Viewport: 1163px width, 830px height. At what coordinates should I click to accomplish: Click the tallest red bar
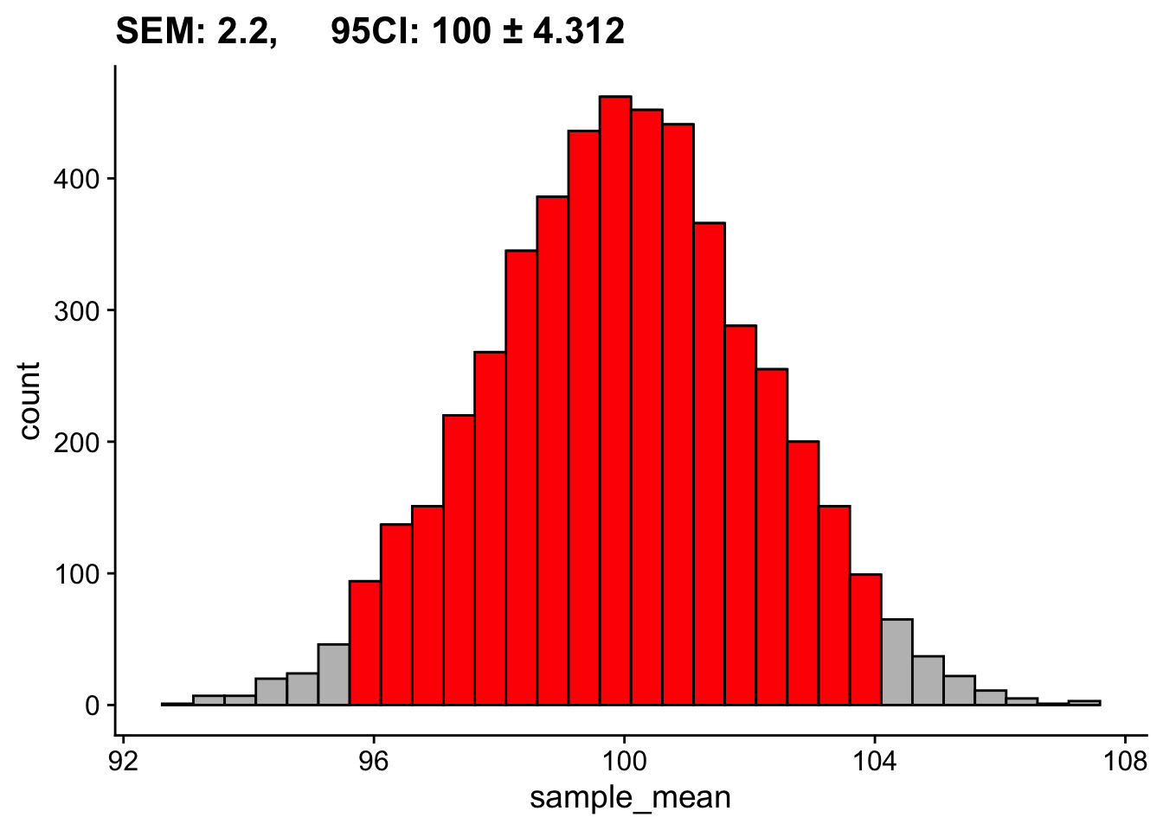tap(615, 398)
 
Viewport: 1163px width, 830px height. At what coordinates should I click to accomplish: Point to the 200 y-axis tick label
tap(77, 443)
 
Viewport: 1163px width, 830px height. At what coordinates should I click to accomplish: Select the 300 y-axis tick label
tap(77, 311)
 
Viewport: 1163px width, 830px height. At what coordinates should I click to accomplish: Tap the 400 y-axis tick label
tap(77, 179)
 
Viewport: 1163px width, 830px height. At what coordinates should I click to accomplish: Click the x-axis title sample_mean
tap(630, 796)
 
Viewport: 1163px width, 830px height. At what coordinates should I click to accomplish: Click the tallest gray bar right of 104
tap(896, 662)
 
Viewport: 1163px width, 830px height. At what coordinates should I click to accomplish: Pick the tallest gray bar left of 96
tap(333, 674)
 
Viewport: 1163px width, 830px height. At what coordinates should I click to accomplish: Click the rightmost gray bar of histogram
tap(1084, 703)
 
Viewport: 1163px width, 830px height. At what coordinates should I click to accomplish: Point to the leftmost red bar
tap(364, 643)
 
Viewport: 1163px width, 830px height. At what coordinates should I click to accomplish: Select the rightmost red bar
tap(865, 640)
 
